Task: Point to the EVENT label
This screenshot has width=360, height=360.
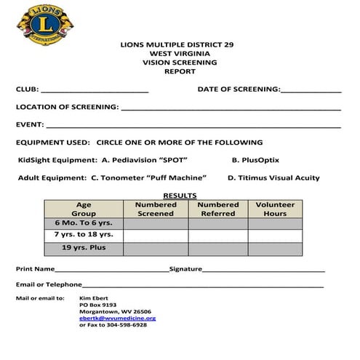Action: [29, 124]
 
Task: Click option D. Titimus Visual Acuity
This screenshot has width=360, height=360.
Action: [273, 177]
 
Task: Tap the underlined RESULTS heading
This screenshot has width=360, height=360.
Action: [180, 196]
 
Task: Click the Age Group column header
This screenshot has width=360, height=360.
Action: [84, 209]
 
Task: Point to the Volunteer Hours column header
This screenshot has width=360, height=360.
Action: [275, 209]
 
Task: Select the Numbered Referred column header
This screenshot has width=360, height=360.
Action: [218, 209]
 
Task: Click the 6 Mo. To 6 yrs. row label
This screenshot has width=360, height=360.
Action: [84, 223]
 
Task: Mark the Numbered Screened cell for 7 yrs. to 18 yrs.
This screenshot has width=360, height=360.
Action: [156, 235]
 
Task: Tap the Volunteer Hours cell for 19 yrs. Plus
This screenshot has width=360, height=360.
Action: [275, 248]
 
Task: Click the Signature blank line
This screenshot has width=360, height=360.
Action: [264, 270]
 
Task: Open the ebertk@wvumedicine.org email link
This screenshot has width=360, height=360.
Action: [117, 318]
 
